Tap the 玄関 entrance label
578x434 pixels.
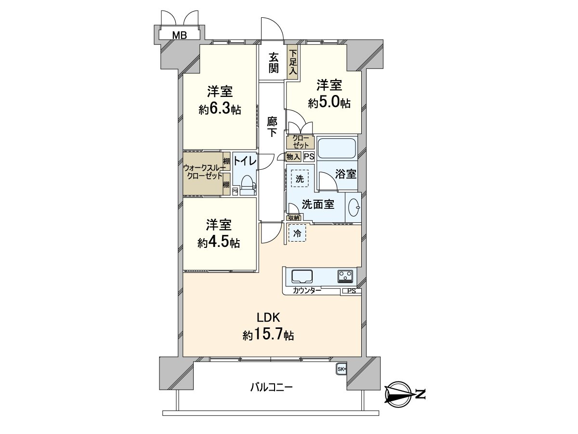click(274, 62)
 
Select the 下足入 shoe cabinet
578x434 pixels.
click(292, 62)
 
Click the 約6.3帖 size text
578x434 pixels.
click(220, 109)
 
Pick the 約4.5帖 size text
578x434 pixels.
click(219, 243)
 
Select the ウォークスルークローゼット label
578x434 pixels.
click(203, 172)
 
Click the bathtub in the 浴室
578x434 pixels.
click(337, 148)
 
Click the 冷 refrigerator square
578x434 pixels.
click(297, 233)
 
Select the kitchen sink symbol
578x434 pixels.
click(302, 276)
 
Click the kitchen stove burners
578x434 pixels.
click(345, 276)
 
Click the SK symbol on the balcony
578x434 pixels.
click(341, 369)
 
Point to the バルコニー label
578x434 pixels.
click(272, 387)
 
